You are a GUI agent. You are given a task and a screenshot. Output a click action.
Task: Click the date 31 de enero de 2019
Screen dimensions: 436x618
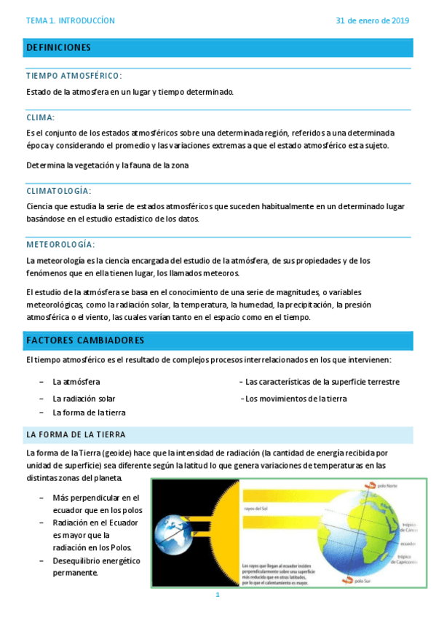(x=372, y=20)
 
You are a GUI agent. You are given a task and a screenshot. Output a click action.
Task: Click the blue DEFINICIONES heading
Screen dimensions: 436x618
(x=58, y=47)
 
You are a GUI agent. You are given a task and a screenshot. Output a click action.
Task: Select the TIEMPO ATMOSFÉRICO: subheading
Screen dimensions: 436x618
(x=74, y=75)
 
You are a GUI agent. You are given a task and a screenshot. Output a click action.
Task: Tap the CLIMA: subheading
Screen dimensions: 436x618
(x=40, y=117)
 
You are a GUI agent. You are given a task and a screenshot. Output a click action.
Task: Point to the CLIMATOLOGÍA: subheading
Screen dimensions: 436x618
(x=58, y=190)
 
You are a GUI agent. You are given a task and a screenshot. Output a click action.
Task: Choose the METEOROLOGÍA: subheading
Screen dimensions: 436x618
(x=60, y=244)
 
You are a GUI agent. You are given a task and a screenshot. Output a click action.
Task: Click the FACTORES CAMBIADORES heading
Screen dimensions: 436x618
(x=84, y=340)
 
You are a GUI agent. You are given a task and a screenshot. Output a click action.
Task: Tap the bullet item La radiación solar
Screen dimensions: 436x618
(x=84, y=399)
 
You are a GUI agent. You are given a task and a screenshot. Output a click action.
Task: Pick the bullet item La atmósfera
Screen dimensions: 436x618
(x=76, y=381)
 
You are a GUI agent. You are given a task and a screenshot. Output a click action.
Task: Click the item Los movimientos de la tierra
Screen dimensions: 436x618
(x=296, y=399)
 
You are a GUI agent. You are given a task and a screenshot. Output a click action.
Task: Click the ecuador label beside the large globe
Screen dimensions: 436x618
(x=408, y=544)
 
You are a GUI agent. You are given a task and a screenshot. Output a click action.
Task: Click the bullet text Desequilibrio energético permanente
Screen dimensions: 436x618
(x=96, y=566)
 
